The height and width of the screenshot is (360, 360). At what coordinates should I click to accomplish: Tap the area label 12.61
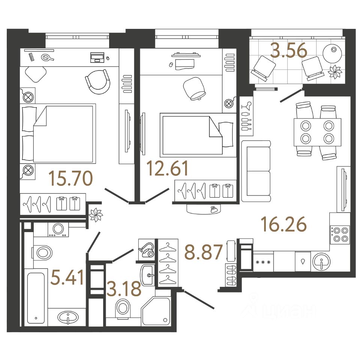point(167,168)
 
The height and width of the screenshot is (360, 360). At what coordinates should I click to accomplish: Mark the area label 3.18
point(123,288)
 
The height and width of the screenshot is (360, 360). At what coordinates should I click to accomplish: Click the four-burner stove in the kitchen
point(340,234)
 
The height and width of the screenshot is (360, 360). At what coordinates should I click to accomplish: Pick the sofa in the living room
point(256,171)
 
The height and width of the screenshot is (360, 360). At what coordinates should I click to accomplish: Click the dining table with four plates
point(317,132)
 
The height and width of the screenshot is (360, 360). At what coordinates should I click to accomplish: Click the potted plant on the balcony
point(335,71)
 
